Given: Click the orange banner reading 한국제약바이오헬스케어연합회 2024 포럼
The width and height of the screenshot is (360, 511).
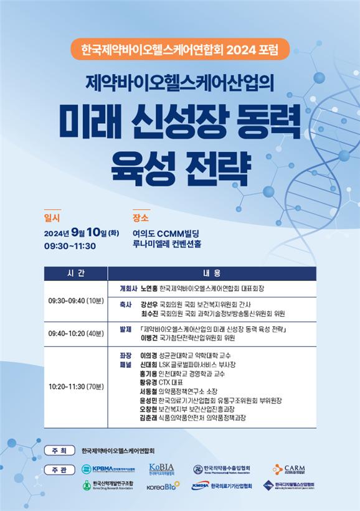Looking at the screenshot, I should point(179,49).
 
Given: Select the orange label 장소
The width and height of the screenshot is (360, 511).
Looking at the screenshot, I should point(141,218).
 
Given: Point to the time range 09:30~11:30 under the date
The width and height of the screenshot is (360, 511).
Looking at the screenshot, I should point(69,245).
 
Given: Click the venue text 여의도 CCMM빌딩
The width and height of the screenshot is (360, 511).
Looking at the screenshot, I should point(166,233).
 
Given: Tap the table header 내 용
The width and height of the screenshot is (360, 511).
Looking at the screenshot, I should point(212,273).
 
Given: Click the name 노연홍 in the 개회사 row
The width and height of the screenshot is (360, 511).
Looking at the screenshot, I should point(149,289).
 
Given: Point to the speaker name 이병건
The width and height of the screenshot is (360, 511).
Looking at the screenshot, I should point(149,339).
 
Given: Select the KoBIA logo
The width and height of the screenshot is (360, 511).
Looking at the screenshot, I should point(161,469).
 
